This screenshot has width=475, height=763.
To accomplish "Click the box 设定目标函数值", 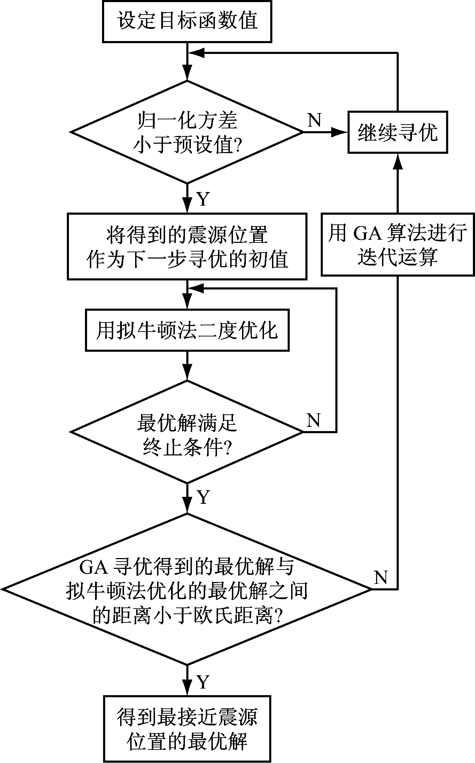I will point(187,21).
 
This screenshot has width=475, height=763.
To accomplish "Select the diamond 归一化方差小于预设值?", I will point(187,132).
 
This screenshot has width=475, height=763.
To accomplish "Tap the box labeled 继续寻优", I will point(398,132).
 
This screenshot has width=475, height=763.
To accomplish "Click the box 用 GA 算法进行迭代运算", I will point(398,245).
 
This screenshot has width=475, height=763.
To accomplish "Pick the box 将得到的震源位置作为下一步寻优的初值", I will point(187,247).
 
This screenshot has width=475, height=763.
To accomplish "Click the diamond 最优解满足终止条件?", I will point(187,432).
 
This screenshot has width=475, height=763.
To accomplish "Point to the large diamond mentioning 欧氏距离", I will point(187,589).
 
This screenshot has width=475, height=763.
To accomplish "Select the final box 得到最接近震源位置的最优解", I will point(187,729).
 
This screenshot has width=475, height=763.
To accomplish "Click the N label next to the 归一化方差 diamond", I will point(314,120).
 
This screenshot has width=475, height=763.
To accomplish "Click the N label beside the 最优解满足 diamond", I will point(313,420).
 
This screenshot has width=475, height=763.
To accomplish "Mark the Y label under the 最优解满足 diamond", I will point(203,497).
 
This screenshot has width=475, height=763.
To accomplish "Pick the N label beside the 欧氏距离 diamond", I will point(381,578).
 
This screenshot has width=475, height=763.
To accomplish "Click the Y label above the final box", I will point(203,682).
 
